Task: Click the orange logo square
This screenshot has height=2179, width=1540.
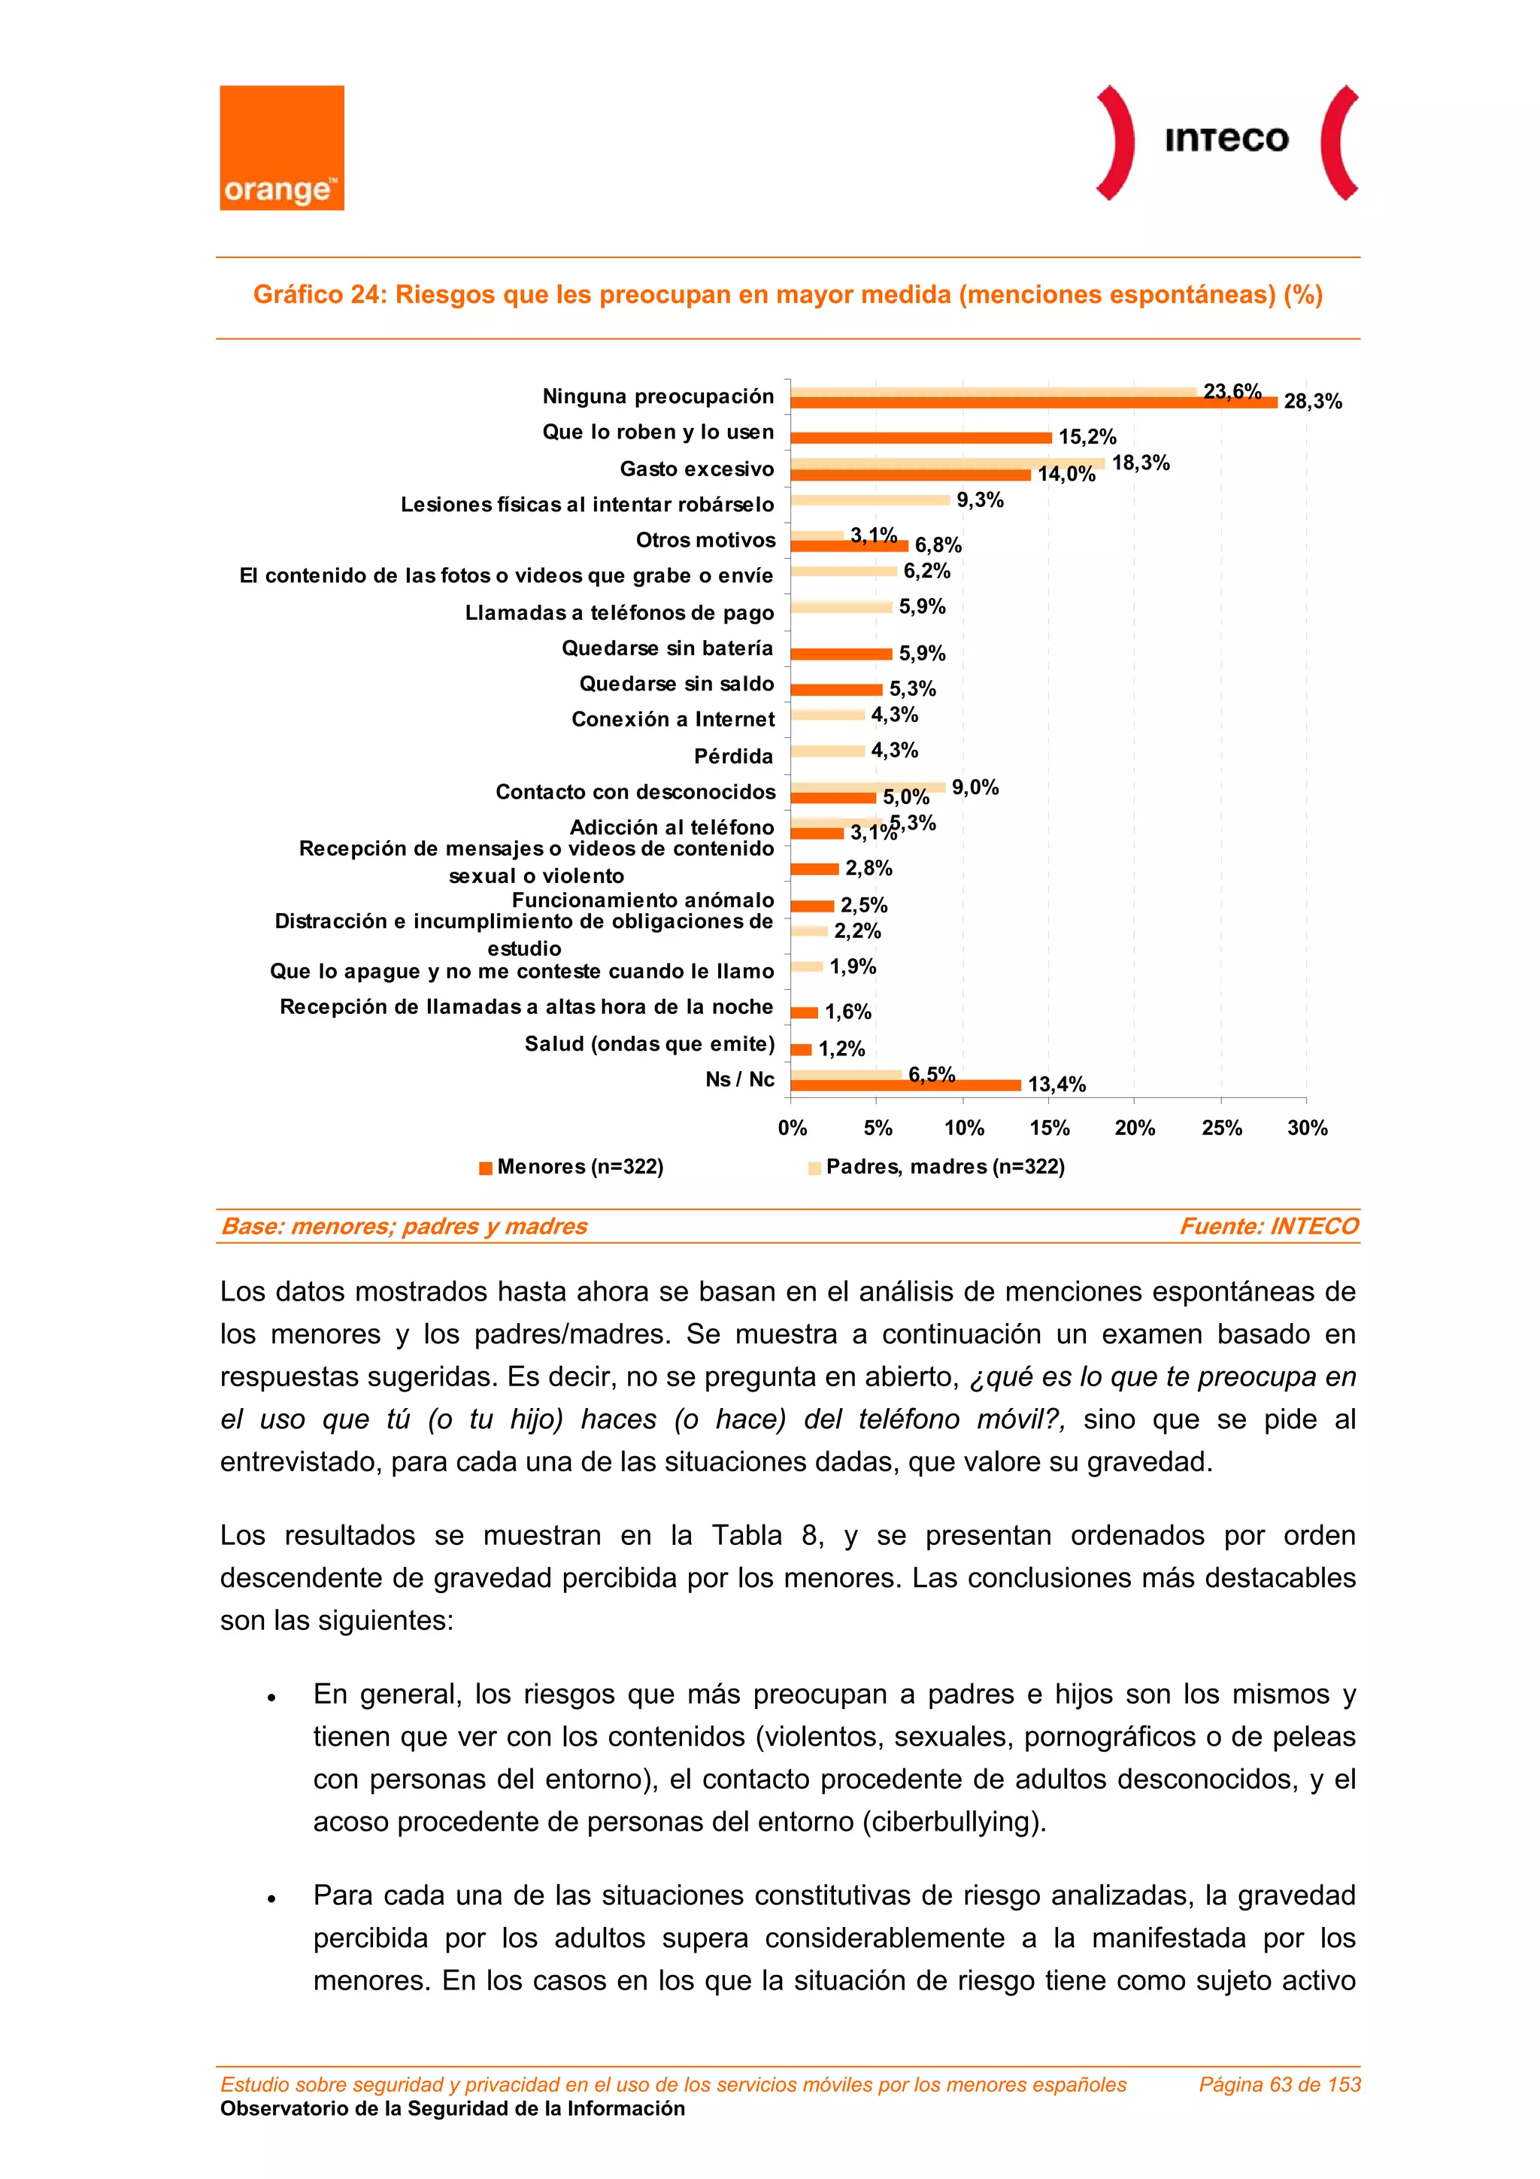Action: pyautogui.click(x=282, y=147)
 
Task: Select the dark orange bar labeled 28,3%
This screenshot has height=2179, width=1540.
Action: pyautogui.click(x=1032, y=402)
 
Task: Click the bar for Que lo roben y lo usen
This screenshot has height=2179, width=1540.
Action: pyautogui.click(x=920, y=438)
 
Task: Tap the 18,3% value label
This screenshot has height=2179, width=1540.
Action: pyautogui.click(x=1141, y=463)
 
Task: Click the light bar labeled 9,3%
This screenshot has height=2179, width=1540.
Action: pyautogui.click(x=869, y=500)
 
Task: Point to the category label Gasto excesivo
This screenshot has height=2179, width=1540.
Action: pyautogui.click(x=696, y=469)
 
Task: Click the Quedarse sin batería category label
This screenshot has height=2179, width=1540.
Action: pyautogui.click(x=667, y=648)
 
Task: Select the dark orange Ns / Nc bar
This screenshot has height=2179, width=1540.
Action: pyautogui.click(x=905, y=1085)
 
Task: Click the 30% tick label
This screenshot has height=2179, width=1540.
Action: pyautogui.click(x=1307, y=1127)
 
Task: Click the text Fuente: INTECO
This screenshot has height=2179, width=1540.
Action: pyautogui.click(x=1268, y=1226)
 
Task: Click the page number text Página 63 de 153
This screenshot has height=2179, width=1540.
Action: pyautogui.click(x=1279, y=2084)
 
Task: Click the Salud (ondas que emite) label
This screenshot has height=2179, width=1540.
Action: pyautogui.click(x=649, y=1044)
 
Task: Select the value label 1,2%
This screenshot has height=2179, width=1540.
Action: pyautogui.click(x=841, y=1049)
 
